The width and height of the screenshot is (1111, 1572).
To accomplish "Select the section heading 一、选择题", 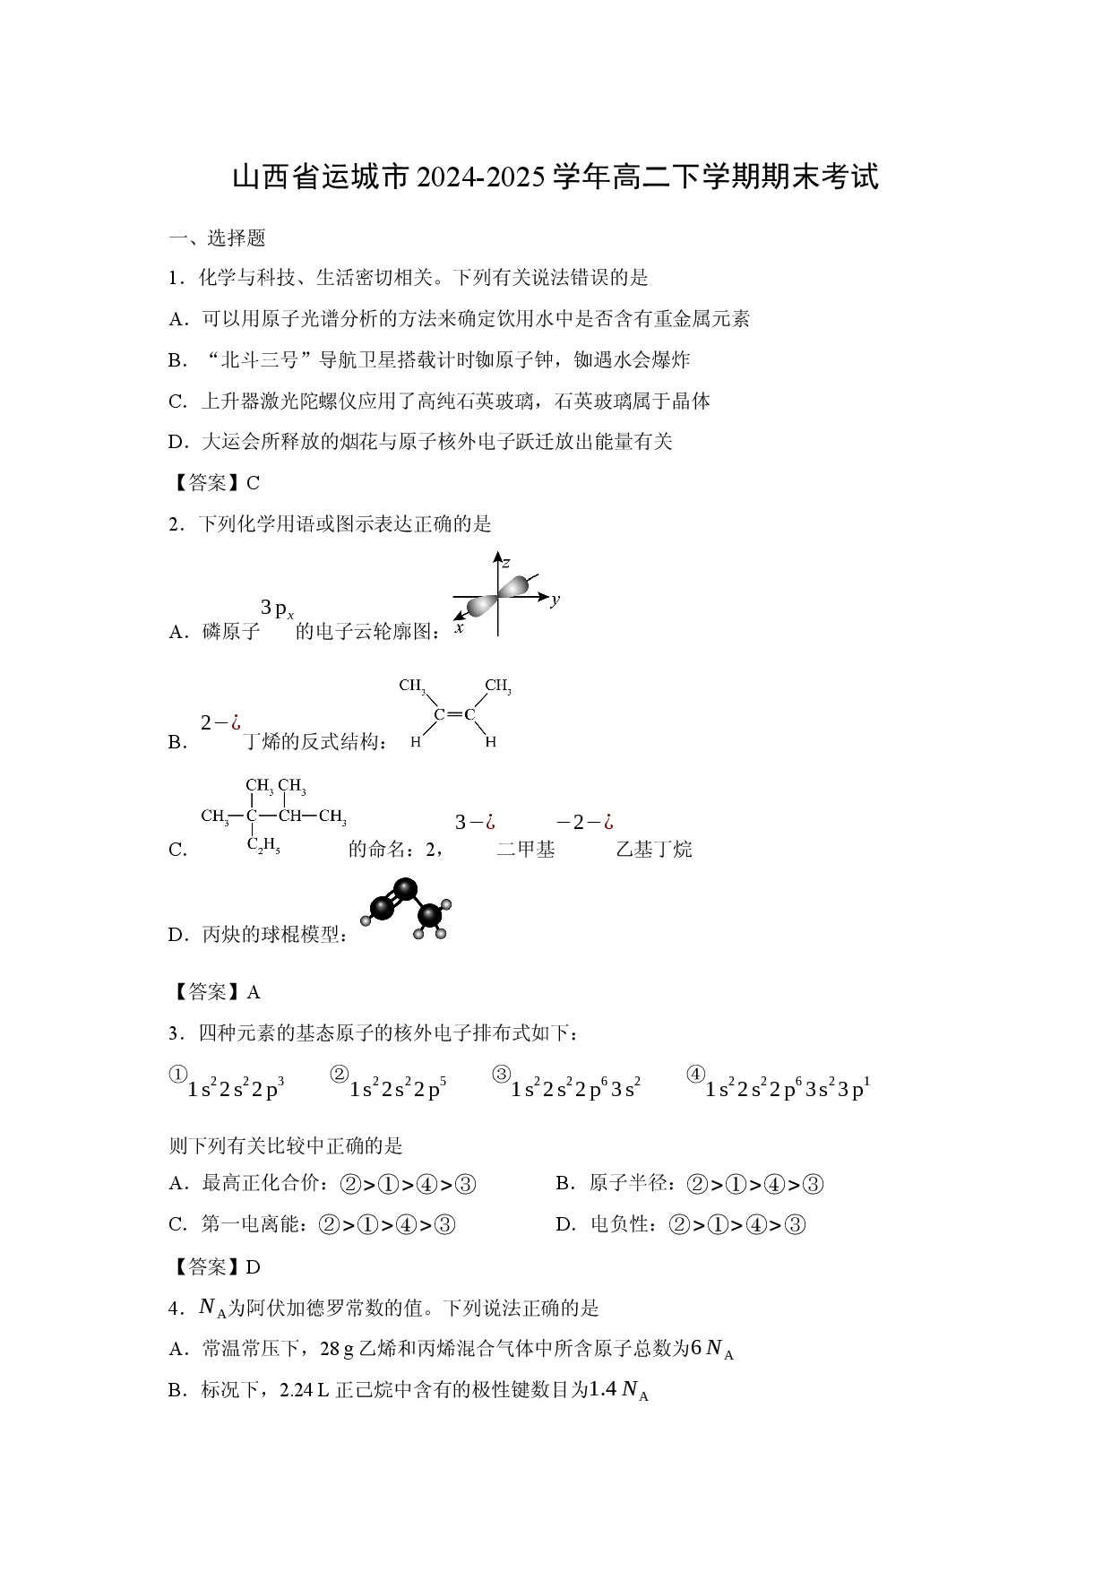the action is point(218,238).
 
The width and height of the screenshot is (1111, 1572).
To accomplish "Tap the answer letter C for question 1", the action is point(253,483).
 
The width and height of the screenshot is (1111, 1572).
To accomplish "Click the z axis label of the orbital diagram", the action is point(506,563).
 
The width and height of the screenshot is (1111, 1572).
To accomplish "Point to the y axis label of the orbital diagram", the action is point(555,599).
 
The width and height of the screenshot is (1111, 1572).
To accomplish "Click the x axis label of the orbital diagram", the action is point(459,628).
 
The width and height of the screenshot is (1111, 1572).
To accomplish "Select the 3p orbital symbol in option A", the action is point(277,609).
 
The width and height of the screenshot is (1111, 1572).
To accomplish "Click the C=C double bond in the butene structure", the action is point(455,715).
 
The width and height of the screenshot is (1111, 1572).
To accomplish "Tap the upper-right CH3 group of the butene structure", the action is point(498,687).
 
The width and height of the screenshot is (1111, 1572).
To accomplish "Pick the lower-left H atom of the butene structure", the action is point(416,742).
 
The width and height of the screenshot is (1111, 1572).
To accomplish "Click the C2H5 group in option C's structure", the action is point(263,843).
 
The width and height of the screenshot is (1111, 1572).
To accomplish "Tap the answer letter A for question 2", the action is point(254,992).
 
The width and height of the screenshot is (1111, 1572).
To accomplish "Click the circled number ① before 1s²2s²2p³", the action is point(177,1074).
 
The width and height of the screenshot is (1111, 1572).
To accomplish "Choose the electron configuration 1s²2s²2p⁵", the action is point(398,1088).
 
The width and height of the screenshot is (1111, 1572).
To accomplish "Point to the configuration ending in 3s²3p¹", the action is point(788,1088).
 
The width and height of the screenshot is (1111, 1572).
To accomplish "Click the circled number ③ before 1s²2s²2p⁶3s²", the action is point(502,1074).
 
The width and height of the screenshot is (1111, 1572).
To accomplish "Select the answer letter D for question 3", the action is point(254,1267).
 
